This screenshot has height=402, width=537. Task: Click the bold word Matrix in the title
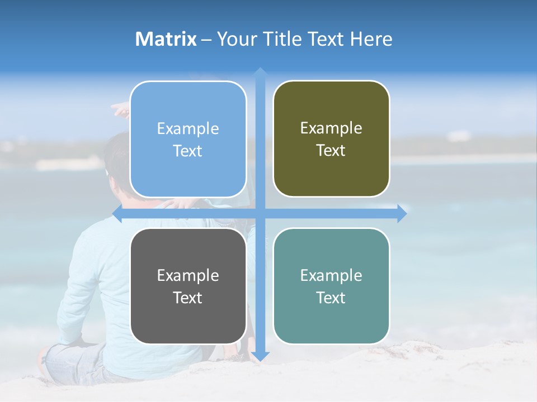(166, 39)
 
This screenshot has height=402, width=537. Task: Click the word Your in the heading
(237, 39)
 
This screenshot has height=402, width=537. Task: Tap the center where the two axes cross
(260, 213)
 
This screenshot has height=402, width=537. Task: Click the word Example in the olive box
(331, 128)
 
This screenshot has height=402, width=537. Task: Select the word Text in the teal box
(331, 298)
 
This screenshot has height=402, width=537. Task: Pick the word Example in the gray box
(188, 275)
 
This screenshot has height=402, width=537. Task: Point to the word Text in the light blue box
(188, 151)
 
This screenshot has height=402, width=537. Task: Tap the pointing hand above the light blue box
(119, 109)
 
